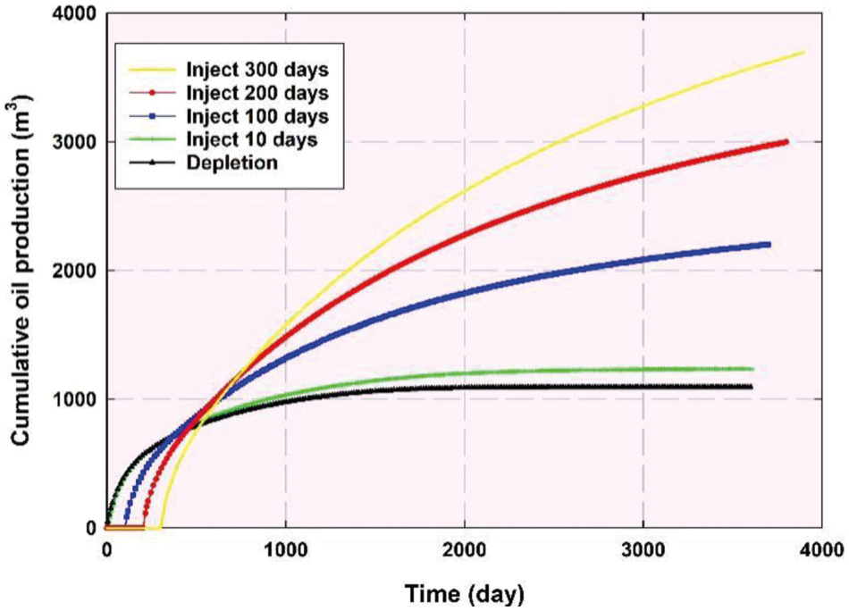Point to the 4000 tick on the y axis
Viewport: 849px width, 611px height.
coord(77,14)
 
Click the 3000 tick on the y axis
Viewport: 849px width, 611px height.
coord(77,142)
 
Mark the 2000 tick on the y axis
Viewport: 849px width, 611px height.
coord(77,271)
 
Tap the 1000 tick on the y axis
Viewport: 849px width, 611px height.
coord(77,399)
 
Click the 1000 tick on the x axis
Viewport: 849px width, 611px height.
coord(285,548)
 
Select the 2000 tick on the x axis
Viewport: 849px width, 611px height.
coord(464,548)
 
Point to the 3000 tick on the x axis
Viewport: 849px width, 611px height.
coord(643,548)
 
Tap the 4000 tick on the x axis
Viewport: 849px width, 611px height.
coord(821,548)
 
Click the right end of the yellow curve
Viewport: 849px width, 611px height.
coord(804,52)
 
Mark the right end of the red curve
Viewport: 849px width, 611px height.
coord(786,141)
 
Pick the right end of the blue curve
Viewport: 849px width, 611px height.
coord(769,244)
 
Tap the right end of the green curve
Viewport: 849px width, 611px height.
coord(752,368)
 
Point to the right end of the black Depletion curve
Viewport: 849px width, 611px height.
coord(751,387)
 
